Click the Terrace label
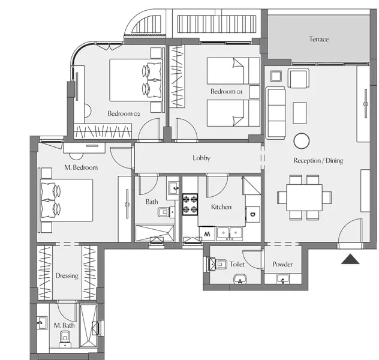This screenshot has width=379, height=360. (x=318, y=40)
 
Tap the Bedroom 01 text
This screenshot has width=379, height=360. (x=225, y=91)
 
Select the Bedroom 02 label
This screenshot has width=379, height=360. (x=124, y=113)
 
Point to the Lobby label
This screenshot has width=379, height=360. (x=201, y=158)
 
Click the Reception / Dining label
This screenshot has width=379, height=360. (x=318, y=161)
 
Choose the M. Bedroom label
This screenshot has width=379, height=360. (x=80, y=167)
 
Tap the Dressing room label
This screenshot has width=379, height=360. (x=67, y=276)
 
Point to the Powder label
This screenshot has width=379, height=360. (x=282, y=265)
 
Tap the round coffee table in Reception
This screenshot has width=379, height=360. (x=301, y=140)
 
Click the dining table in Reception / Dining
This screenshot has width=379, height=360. (x=304, y=197)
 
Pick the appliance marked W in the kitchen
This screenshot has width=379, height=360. (x=207, y=233)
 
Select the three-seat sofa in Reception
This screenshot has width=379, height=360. (x=275, y=112)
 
